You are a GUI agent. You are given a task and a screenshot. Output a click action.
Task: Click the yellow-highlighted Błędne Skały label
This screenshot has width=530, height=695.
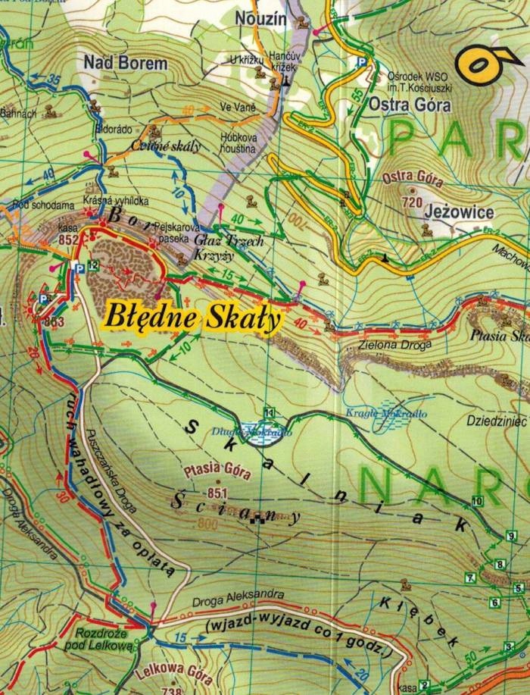click(192, 316)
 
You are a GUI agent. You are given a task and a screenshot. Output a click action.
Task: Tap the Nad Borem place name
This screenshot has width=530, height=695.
click(126, 63)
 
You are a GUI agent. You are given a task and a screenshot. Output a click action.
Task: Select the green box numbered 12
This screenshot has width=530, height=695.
click(92, 265)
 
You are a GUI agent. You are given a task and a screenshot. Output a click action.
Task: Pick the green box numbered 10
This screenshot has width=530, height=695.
click(477, 501)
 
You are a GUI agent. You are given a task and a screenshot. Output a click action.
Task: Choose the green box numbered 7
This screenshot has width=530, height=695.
click(470, 578)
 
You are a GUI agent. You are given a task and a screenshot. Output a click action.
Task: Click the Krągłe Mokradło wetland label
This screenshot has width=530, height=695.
click(387, 414)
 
